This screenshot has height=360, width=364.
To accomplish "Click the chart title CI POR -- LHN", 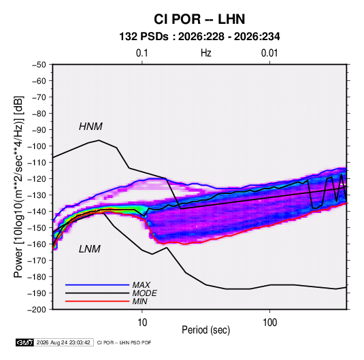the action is tap(199, 19).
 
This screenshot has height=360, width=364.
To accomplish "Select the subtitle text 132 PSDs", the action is tap(144, 37).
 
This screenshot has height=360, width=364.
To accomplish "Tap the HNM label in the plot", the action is tap(90, 127).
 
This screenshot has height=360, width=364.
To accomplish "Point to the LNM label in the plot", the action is tap(90, 249).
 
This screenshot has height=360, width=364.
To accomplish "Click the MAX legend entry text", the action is tap(141, 285).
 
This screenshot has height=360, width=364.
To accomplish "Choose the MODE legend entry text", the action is tap(145, 293).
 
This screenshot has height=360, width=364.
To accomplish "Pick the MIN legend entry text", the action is tap(139, 301).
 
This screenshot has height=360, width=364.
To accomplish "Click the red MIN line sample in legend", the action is tap(97, 301).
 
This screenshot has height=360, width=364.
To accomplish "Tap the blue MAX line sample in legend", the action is tap(97, 285).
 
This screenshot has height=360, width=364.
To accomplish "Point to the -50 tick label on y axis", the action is tap(39, 65).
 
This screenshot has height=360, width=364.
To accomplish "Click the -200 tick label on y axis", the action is tap(37, 310).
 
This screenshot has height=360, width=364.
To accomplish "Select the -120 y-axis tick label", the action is tap(37, 179).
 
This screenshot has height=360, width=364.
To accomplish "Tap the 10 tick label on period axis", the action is tap(142, 323).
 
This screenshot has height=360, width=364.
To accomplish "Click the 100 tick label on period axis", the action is tap(269, 323).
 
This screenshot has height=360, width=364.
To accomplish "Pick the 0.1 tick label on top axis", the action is tap(142, 53).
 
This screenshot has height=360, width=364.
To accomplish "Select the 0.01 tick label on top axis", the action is tap(269, 53).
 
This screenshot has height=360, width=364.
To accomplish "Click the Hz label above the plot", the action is tap(206, 53).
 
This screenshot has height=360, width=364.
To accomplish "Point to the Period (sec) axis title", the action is tap(206, 330).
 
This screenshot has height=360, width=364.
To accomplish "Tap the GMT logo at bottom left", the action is tap(24, 342).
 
